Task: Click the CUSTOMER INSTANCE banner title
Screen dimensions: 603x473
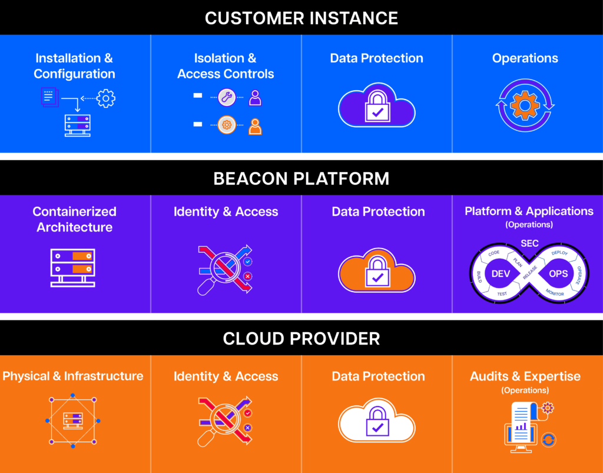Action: coord(301,18)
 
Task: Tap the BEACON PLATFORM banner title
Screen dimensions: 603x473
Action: coord(301,179)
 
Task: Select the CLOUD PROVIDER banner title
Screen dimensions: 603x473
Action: coord(301,339)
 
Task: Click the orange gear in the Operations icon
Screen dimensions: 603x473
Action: coord(525,105)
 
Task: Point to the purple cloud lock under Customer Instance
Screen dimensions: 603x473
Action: coord(376,105)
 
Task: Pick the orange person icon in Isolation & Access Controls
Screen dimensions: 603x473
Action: coord(255,126)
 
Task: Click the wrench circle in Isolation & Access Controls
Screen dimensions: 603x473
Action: coord(227,97)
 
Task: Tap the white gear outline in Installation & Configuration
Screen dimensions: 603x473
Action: coord(106,98)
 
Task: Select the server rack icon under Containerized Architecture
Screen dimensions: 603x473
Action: coord(72,267)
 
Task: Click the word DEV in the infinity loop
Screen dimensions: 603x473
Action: coord(501,273)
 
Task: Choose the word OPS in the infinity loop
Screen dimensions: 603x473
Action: coord(558,273)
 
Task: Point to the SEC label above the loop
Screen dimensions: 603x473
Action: coord(529,243)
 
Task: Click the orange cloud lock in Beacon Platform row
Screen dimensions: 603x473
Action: coord(376,270)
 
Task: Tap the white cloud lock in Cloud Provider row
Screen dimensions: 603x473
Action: coord(376,421)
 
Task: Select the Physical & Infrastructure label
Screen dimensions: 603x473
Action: coord(72,376)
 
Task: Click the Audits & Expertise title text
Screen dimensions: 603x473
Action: coord(525,376)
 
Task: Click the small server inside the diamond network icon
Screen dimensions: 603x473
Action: coord(72,421)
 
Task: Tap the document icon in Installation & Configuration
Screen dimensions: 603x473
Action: coord(49,97)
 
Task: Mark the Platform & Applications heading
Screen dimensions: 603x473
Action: coord(529,211)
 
